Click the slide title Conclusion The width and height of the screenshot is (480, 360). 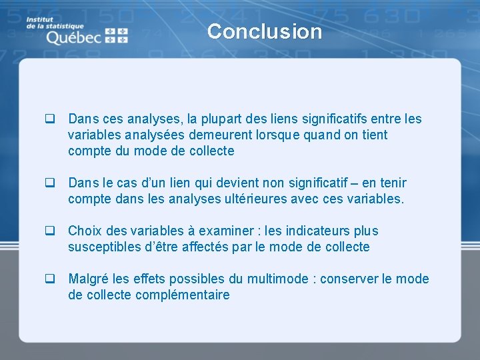click(x=264, y=31)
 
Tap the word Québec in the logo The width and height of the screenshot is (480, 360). click(x=73, y=37)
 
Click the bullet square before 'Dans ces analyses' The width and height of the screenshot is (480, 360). click(x=49, y=119)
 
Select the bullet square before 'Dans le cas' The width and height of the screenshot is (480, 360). click(x=49, y=183)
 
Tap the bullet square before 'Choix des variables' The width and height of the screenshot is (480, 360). click(x=49, y=231)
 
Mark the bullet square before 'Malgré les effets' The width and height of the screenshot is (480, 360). click(x=49, y=279)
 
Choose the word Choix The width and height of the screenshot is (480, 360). click(x=85, y=231)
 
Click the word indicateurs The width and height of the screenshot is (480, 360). click(x=313, y=231)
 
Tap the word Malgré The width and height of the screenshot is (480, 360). click(x=89, y=279)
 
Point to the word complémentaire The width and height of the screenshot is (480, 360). click(x=183, y=295)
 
